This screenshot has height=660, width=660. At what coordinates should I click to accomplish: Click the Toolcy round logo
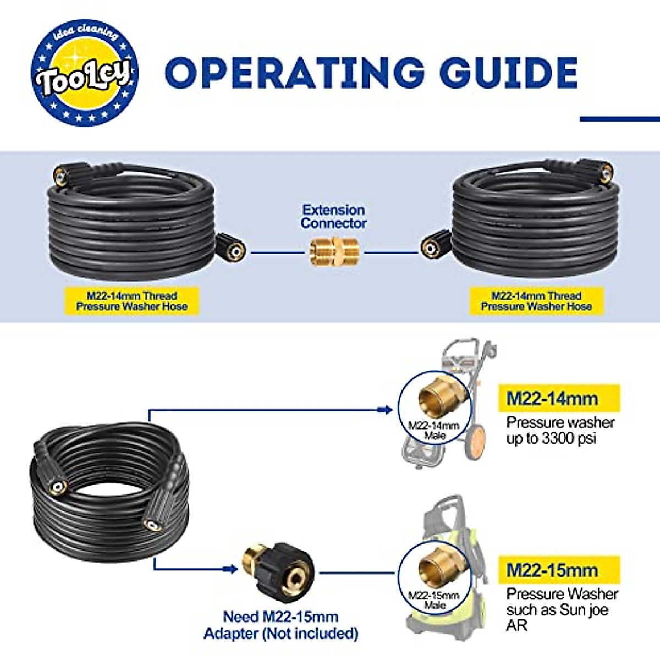(85, 72)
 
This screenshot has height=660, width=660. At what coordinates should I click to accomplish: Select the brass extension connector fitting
(334, 252)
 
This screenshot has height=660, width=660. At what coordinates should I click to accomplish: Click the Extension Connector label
(334, 217)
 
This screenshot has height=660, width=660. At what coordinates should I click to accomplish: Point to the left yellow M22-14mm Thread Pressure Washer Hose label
(132, 301)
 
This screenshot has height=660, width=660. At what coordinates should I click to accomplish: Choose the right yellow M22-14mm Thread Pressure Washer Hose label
(536, 301)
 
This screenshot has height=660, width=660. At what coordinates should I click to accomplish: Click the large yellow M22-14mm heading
(559, 398)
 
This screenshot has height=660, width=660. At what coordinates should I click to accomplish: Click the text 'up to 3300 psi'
(552, 438)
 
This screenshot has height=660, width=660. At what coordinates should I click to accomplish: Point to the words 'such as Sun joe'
(557, 610)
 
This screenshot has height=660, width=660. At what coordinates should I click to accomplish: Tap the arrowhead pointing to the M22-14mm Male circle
(386, 410)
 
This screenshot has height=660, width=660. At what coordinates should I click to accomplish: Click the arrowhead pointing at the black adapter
(230, 569)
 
